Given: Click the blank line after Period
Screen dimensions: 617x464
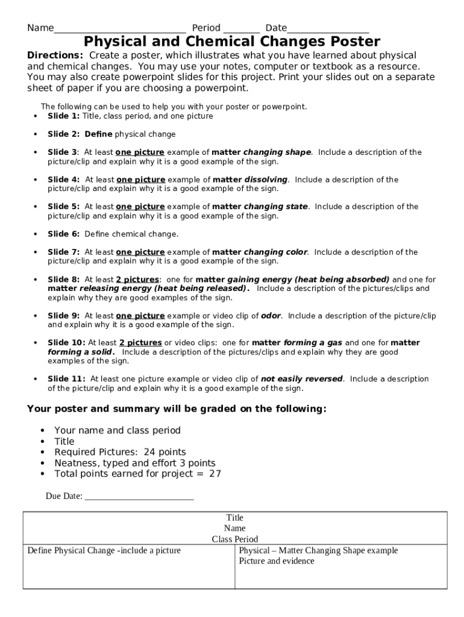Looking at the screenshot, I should [x=241, y=29].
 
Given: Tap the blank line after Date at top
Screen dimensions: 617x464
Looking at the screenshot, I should [x=328, y=29].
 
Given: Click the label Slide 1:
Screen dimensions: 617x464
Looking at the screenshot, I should [x=63, y=116].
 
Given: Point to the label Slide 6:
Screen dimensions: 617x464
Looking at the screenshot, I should [x=63, y=234].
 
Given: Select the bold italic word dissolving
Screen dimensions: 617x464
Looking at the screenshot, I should [x=266, y=180].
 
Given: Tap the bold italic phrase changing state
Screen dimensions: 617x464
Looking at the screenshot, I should [x=275, y=207].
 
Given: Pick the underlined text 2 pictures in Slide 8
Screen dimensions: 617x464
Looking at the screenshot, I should [x=137, y=280].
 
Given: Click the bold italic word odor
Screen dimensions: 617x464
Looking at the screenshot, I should [x=271, y=316].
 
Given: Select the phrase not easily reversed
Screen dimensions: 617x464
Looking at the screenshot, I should [x=301, y=379].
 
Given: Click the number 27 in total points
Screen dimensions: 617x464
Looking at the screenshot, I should [x=215, y=474].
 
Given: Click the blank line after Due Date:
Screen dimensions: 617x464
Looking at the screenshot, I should [x=139, y=497].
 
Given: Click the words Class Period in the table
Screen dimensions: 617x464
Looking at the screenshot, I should [x=234, y=539].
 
